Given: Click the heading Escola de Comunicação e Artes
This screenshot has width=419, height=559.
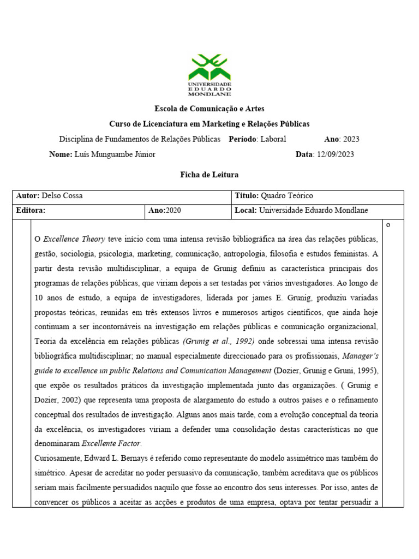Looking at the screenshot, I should (x=209, y=109).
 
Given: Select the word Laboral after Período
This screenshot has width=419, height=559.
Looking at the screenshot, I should (x=273, y=139).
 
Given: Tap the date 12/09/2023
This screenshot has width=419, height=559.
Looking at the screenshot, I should (x=335, y=154).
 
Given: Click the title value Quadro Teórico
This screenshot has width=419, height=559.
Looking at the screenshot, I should (x=287, y=196).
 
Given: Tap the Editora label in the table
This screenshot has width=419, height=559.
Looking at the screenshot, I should (x=31, y=210).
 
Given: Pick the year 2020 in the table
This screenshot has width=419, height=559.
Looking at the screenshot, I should (x=173, y=210).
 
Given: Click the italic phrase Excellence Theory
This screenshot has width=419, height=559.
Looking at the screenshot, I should (x=74, y=240).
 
